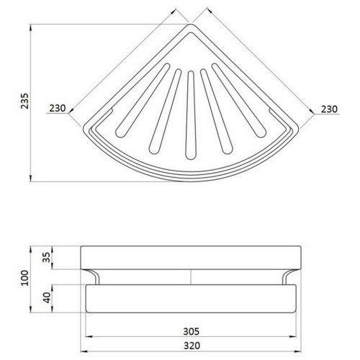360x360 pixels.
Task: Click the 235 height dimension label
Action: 24,101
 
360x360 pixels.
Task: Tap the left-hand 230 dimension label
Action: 58,108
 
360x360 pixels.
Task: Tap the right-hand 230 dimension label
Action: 329,109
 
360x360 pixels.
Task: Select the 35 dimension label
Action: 47,257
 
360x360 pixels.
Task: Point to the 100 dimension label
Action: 24,278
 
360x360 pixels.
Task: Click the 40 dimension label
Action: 47,297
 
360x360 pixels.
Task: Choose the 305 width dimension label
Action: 192,331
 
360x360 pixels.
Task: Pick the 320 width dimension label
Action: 192,346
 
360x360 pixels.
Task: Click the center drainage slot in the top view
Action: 191,115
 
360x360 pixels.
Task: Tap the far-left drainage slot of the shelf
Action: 143,100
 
